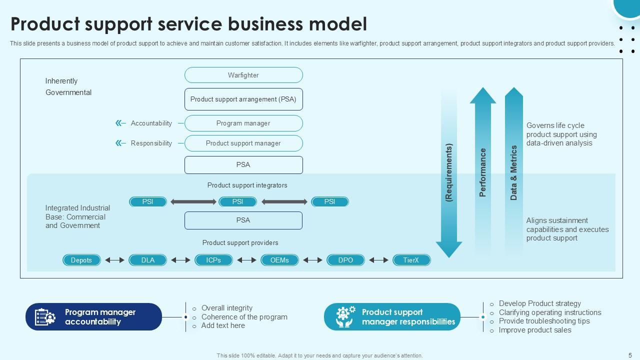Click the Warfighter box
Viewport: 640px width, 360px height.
pos(243,75)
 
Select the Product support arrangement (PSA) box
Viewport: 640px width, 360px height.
pos(243,99)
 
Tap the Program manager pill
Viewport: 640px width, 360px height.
pos(243,123)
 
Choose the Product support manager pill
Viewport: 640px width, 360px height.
pos(243,143)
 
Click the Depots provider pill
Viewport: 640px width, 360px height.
pos(81,260)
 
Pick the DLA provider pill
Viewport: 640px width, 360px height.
pos(148,260)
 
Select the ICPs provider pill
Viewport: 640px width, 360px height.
pos(213,260)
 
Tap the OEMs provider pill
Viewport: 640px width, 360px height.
pos(279,260)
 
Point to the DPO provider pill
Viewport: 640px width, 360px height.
pos(345,260)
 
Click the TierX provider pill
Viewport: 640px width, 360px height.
pos(411,260)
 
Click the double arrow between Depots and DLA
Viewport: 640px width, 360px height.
pos(114,260)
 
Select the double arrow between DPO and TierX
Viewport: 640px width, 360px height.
pos(378,260)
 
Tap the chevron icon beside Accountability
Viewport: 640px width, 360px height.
pos(120,123)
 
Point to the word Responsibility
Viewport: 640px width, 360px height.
pos(151,143)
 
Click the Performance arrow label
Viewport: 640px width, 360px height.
pos(483,172)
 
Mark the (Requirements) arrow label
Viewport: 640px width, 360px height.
pos(448,172)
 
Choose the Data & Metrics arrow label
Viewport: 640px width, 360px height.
pos(514,172)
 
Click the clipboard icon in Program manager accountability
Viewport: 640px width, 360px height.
pos(45,317)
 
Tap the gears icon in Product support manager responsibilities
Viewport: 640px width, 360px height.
pos(345,317)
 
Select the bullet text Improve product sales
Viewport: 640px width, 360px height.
pos(535,330)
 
